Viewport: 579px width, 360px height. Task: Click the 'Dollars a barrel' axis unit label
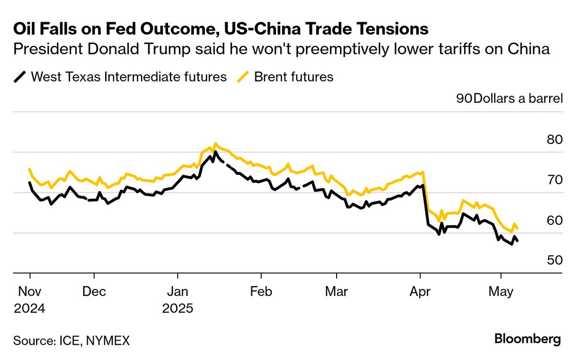tap(518, 99)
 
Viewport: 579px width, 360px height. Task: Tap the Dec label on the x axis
tap(94, 291)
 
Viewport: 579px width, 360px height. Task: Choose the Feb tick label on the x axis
tap(261, 291)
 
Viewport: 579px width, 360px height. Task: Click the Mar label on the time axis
tap(336, 291)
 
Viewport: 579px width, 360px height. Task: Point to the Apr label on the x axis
tap(420, 291)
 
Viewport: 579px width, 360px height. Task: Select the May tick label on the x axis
tap(501, 291)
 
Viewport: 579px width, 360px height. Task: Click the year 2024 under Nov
tap(29, 308)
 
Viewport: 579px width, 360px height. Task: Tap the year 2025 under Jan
tap(178, 308)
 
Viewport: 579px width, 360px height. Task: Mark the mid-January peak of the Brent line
tap(215, 144)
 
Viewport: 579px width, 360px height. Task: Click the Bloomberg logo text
tap(527, 339)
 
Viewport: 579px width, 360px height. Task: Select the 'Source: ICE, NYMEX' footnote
tap(71, 340)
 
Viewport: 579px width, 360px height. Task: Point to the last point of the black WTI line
tap(517, 241)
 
